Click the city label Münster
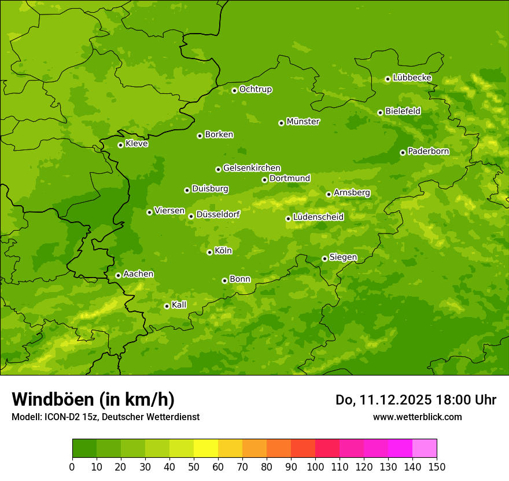point(303,122)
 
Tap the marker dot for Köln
point(209,252)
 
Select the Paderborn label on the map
point(429,151)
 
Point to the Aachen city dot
point(118,275)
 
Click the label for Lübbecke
point(412,78)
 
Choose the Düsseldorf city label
point(218,214)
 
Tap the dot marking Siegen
point(324,258)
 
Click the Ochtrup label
point(256,89)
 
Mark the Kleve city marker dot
point(120,145)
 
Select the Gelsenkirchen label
point(252,168)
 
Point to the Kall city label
point(179,305)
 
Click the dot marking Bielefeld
point(380,112)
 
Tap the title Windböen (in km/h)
point(93,399)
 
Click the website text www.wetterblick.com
point(418,417)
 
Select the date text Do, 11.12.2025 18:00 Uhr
point(416,400)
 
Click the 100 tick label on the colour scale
point(315,467)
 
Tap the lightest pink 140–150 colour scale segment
point(425,449)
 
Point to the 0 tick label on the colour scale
point(72,467)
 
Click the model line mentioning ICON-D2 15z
point(105,417)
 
